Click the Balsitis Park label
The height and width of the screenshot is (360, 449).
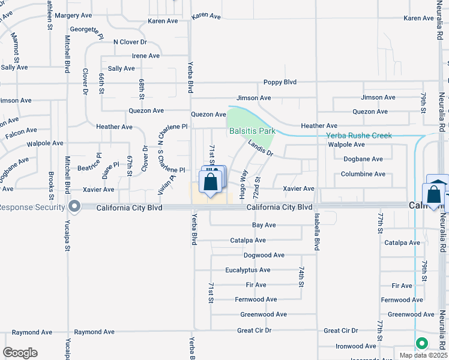pyautogui.click(x=252, y=130)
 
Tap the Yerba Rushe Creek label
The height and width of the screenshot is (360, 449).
pyautogui.click(x=359, y=136)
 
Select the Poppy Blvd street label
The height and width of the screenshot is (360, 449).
pyautogui.click(x=280, y=82)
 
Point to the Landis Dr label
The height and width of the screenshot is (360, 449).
pyautogui.click(x=261, y=148)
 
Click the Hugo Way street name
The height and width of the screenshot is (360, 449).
pyautogui.click(x=243, y=184)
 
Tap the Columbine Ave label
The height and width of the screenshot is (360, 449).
pyautogui.click(x=363, y=174)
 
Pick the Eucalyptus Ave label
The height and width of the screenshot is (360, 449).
pyautogui.click(x=248, y=270)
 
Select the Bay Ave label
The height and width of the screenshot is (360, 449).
pyautogui.click(x=264, y=225)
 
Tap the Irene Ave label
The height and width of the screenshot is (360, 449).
pyautogui.click(x=146, y=56)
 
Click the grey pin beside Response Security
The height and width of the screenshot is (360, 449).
pyautogui.click(x=74, y=206)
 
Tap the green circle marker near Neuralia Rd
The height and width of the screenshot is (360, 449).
pyautogui.click(x=421, y=344)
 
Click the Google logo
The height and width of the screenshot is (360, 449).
pyautogui.click(x=20, y=353)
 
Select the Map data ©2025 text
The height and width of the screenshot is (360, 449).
pyautogui.click(x=423, y=355)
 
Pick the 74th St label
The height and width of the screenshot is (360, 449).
pyautogui.click(x=301, y=278)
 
